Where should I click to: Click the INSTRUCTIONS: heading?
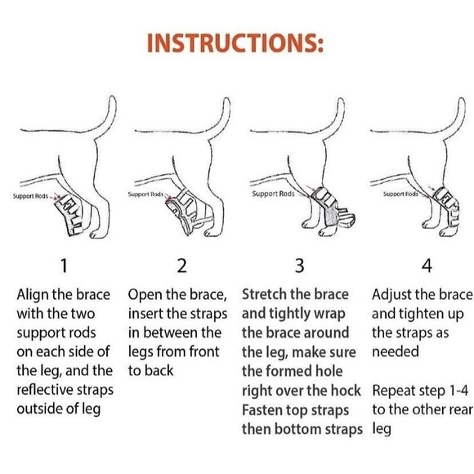(237, 42)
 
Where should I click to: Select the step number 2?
(181, 266)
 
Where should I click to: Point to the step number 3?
(299, 266)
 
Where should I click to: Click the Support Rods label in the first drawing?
(31, 197)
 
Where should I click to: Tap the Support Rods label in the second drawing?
(148, 195)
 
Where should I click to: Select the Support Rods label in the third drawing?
(272, 194)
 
